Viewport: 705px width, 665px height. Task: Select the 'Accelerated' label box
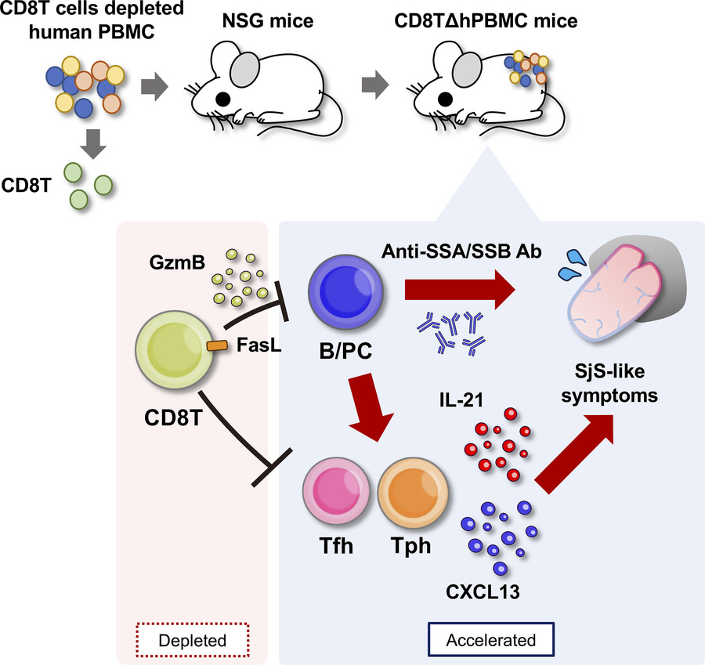491,639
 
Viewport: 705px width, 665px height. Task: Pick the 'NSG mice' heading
264,21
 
